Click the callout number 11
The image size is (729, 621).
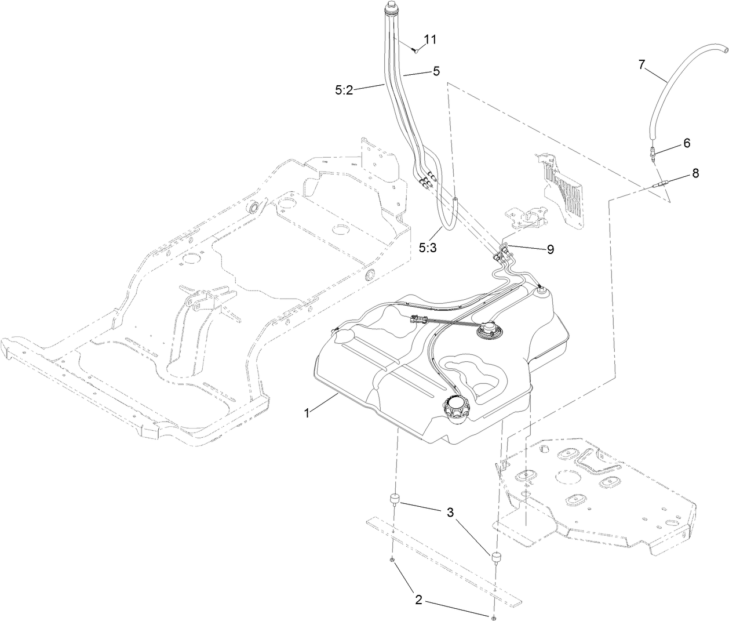pos(429,39)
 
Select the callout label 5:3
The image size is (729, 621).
pos(429,247)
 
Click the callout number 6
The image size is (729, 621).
pos(687,143)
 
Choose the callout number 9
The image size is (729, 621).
pos(550,249)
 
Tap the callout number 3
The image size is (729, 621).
pos(449,513)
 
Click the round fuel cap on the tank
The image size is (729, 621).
pos(457,406)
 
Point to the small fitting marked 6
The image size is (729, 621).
pos(653,154)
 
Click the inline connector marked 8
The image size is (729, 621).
pos(660,186)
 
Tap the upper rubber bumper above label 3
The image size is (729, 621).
pos(394,499)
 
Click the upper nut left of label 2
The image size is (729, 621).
pos(392,560)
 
